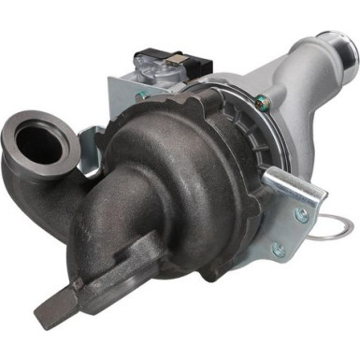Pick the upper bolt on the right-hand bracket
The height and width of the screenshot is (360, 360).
coord(301,214)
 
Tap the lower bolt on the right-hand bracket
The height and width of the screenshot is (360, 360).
coord(277,250)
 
